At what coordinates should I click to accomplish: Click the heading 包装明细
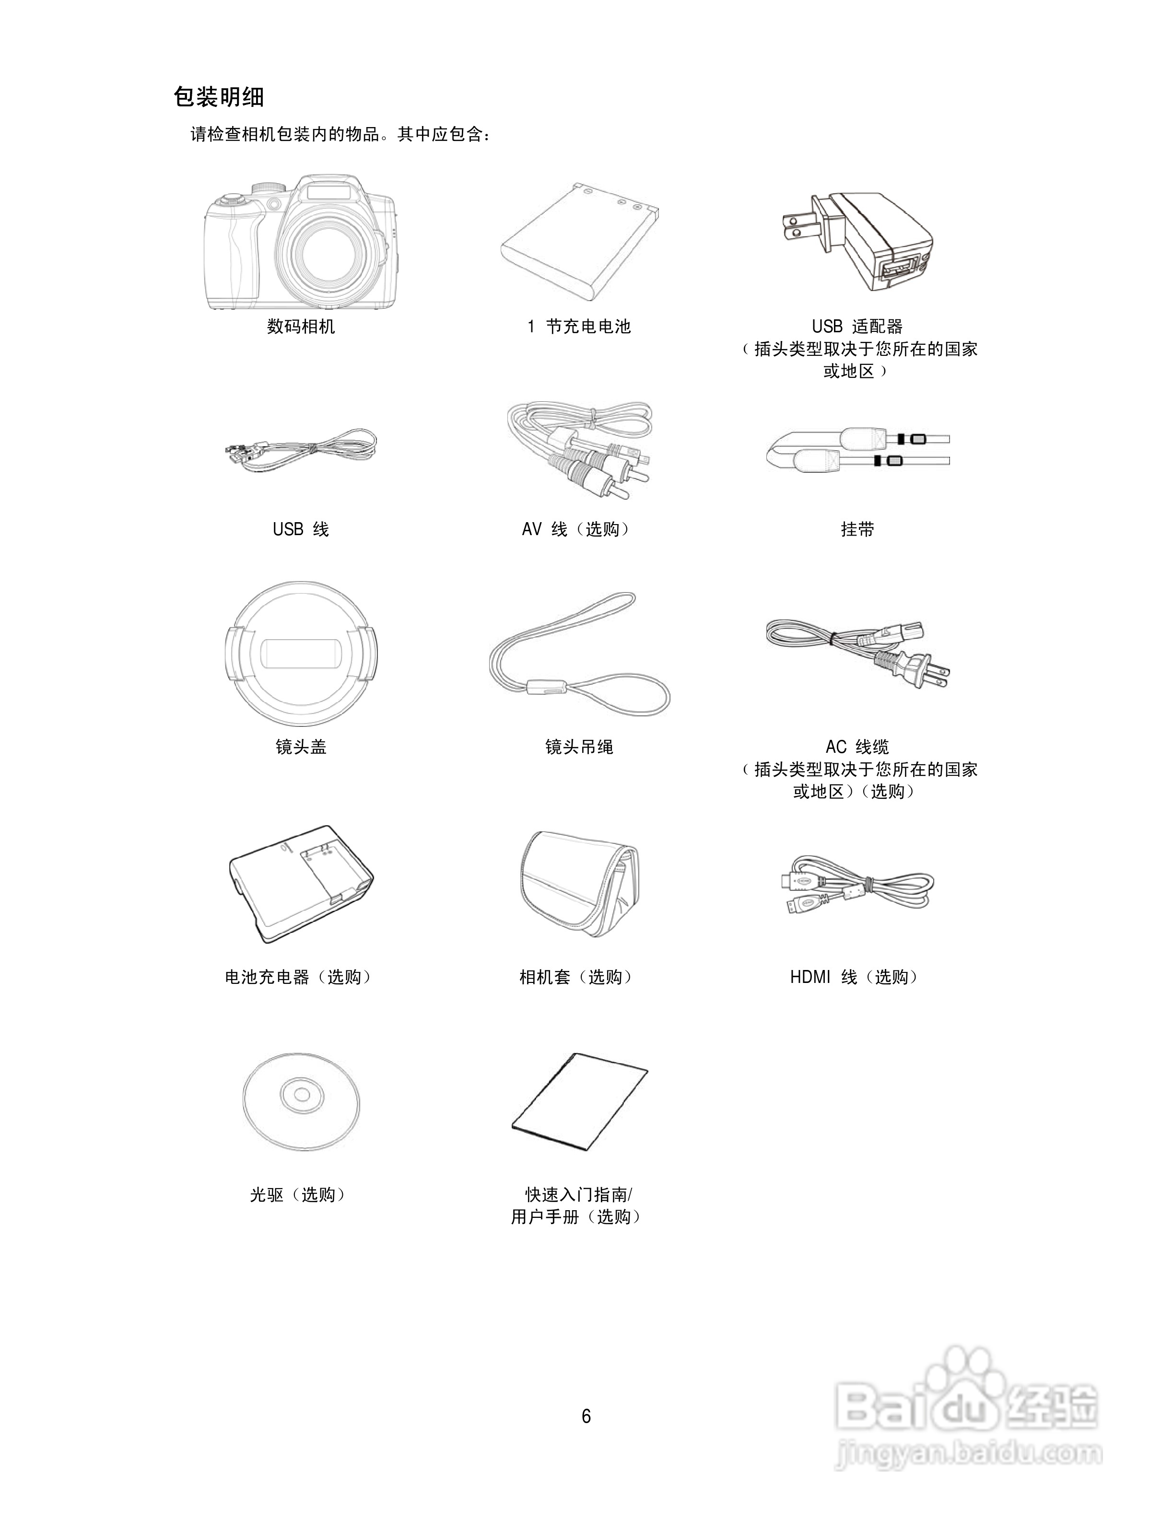pos(218,97)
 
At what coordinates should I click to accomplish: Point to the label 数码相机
pos(301,326)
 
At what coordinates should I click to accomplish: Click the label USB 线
pos(301,529)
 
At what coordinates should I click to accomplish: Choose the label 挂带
pos(857,529)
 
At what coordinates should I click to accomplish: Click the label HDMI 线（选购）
pos(856,977)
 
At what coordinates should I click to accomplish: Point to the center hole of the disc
pos(302,1095)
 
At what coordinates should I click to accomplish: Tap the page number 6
pos(587,1416)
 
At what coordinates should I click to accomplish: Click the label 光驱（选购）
pos(298,1195)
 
